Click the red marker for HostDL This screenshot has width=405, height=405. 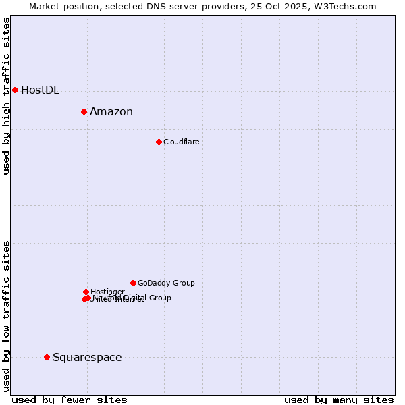click(x=15, y=90)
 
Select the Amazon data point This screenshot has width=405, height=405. click(x=84, y=111)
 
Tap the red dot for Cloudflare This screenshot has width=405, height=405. click(x=159, y=142)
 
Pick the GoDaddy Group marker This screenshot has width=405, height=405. click(x=133, y=283)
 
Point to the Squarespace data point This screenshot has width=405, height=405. click(x=47, y=357)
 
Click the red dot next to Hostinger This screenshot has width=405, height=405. click(x=86, y=292)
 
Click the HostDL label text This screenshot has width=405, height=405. click(x=40, y=90)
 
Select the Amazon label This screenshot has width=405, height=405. click(x=111, y=112)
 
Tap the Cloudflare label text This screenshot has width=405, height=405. click(x=181, y=142)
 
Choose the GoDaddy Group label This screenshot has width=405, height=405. click(x=166, y=283)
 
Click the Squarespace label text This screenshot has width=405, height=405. click(x=87, y=358)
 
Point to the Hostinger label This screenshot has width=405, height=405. click(x=107, y=292)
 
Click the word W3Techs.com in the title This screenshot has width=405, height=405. click(x=348, y=6)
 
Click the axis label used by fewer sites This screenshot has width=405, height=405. click(x=70, y=400)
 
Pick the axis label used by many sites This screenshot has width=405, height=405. click(x=339, y=400)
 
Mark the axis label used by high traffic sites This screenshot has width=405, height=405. click(x=6, y=96)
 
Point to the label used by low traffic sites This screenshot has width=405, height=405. click(x=6, y=316)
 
